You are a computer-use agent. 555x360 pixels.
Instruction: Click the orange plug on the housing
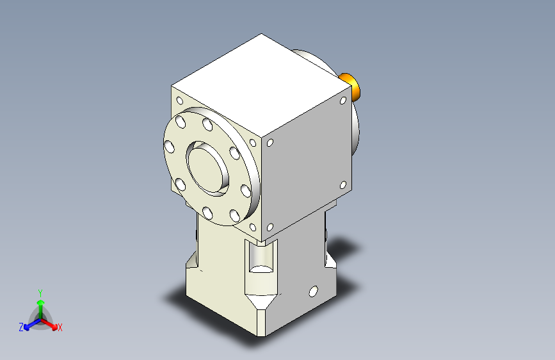351,86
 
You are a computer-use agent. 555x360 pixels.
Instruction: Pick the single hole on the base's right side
313,291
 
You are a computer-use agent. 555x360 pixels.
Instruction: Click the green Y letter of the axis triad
40,291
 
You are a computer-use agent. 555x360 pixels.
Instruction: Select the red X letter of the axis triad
60,328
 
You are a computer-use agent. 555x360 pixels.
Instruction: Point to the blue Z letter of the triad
21,327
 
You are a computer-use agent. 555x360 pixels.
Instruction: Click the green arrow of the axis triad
40,303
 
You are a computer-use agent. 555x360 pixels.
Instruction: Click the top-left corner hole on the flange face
181,101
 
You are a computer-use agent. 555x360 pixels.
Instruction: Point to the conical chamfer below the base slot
262,299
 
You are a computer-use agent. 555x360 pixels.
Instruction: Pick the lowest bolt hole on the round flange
207,213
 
